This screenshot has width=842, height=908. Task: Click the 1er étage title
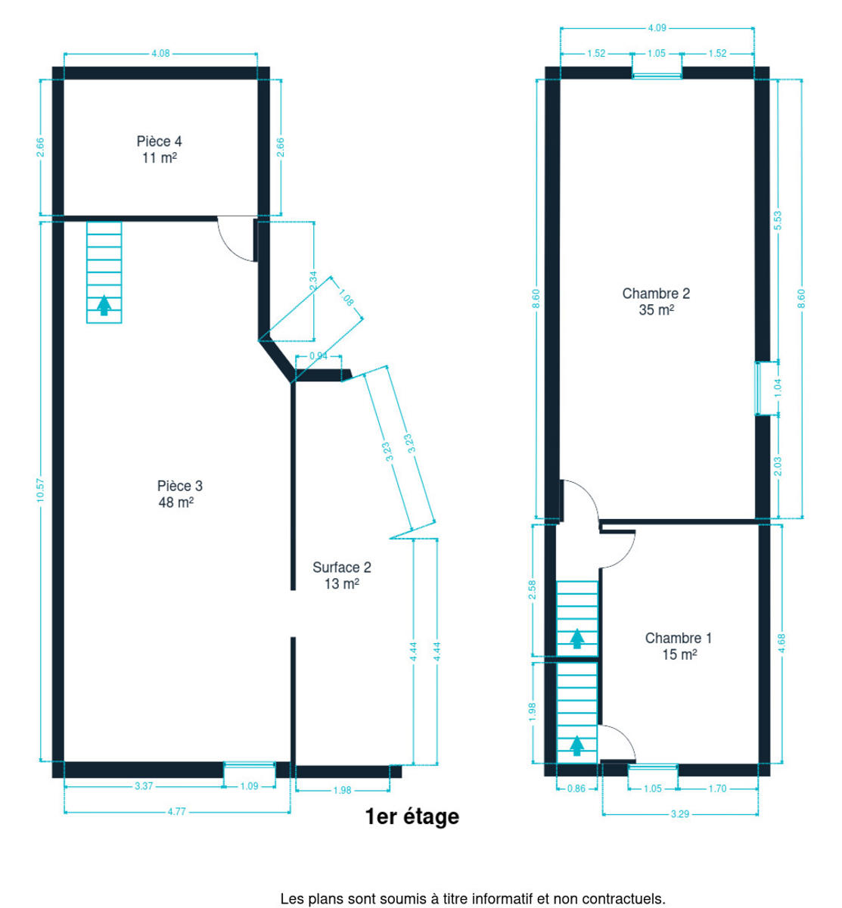[412, 816]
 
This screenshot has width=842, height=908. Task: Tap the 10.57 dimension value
[41, 490]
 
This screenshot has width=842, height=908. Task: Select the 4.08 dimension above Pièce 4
[160, 54]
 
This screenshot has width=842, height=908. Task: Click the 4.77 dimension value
[176, 812]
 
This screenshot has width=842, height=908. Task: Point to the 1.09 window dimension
[249, 786]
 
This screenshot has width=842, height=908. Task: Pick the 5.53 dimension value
[778, 221]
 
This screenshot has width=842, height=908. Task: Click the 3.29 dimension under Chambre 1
[679, 814]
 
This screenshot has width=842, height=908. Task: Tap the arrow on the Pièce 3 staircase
[104, 305]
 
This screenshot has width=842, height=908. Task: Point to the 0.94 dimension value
[318, 356]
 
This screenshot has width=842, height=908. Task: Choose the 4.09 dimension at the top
[657, 28]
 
